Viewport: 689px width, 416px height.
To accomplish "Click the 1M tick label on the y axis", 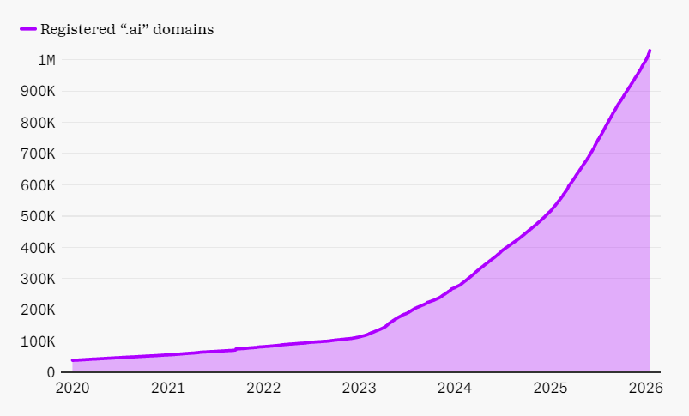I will pos(46,60).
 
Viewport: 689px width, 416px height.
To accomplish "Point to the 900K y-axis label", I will pos(39,92).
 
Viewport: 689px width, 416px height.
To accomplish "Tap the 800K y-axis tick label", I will pos(39,123).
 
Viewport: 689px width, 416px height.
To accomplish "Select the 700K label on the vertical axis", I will pos(39,154).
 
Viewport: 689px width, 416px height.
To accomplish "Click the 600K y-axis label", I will pos(39,185).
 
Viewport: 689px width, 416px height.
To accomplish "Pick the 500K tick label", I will pos(39,217).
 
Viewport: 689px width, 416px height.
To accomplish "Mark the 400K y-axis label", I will pos(39,248).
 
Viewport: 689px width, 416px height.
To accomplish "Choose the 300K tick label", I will pos(39,280).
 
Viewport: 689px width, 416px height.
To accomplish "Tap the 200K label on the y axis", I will pos(39,310).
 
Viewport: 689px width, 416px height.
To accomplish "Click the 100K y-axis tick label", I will pos(39,342).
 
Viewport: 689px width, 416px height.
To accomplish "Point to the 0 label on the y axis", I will pos(51,373).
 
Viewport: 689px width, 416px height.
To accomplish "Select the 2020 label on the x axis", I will pos(73,388).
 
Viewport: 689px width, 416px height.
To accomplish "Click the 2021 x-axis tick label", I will pos(168,388).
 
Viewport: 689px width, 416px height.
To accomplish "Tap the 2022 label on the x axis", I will pos(263,388).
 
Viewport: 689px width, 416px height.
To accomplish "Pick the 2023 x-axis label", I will pos(359,388).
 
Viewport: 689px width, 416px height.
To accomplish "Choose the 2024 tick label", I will pos(455,388).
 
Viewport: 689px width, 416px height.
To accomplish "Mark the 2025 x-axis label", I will pos(550,388).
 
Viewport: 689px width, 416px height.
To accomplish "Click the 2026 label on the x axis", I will pos(645,388).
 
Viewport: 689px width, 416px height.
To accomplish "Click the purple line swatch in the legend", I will pos(28,29).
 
